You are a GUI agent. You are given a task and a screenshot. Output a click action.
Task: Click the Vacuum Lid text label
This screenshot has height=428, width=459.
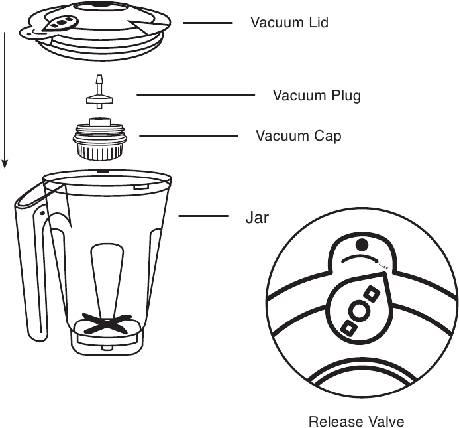289,22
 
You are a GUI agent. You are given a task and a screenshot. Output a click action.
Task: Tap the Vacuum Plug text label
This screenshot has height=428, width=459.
317,95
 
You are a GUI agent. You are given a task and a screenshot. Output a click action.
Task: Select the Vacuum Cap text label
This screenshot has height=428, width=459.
299,136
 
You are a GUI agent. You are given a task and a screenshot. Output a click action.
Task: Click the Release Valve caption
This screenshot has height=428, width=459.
356,421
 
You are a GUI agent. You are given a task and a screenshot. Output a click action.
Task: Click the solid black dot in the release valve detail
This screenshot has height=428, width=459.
362,244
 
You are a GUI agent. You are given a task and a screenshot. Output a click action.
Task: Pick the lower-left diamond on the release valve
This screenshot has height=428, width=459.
345,326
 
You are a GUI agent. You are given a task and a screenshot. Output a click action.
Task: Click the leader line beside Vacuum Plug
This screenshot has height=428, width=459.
195,95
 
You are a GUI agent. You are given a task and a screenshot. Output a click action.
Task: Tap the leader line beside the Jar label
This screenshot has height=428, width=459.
203,216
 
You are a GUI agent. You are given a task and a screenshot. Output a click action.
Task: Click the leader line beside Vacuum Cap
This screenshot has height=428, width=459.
188,136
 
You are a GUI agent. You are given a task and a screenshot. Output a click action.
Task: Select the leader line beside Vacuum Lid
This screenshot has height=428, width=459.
207,23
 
